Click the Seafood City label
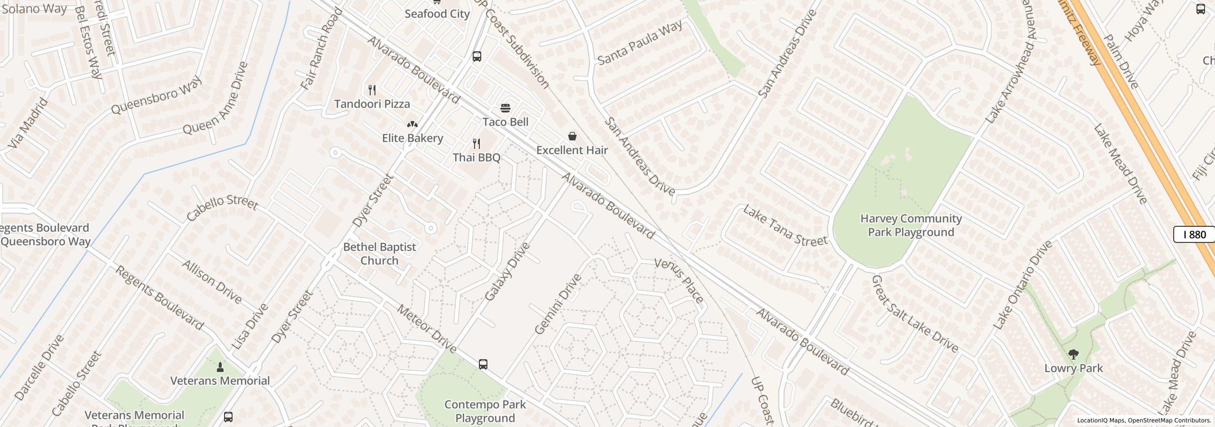(437, 14)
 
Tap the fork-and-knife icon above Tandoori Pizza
(373, 90)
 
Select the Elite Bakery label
(412, 138)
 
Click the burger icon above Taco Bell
(505, 108)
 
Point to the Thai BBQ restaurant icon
(477, 143)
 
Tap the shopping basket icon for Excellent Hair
(572, 136)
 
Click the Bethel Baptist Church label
(379, 253)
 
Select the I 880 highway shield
(1194, 234)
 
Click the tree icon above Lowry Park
(1073, 354)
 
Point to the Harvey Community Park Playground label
(911, 225)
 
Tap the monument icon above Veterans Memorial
(220, 367)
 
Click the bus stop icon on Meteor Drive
(483, 364)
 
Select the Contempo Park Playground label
(485, 411)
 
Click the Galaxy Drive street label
(507, 272)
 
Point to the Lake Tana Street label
(785, 226)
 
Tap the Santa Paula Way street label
(640, 42)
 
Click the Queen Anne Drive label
(215, 98)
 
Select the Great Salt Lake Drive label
(915, 314)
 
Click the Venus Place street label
(679, 280)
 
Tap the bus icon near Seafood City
(477, 56)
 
